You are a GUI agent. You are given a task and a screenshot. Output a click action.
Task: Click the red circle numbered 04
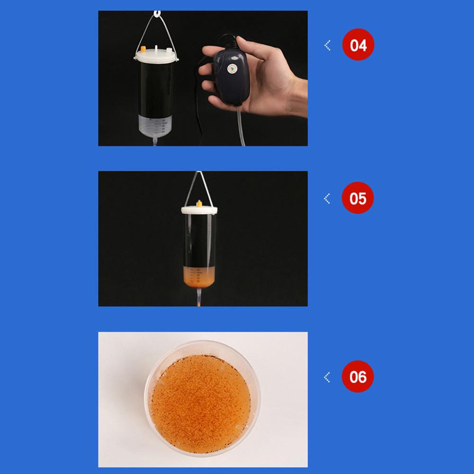pos(358,45)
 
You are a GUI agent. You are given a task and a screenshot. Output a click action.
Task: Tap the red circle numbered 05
pos(358,197)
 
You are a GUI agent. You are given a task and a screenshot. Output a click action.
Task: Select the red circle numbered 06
pos(358,376)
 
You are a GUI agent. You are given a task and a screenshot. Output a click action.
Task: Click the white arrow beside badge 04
pos(327,45)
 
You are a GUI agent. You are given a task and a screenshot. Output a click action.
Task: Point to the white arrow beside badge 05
pos(327,198)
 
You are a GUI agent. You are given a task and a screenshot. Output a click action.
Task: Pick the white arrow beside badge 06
pos(327,377)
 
